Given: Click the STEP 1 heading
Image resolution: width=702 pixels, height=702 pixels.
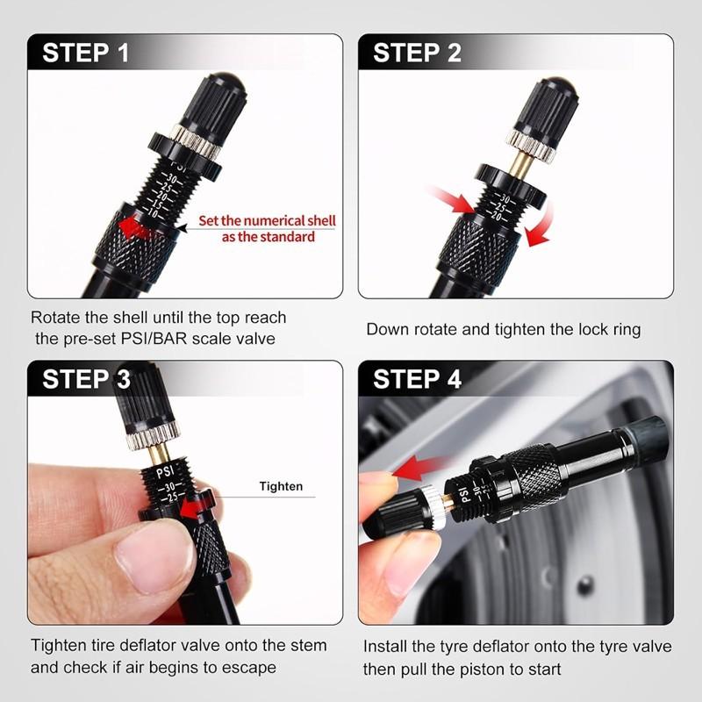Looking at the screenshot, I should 85,53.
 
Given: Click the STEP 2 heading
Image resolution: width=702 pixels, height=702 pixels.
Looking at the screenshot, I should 417,53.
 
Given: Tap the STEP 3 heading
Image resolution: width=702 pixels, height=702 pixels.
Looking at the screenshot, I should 86,379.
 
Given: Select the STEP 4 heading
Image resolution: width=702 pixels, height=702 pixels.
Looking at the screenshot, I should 417,379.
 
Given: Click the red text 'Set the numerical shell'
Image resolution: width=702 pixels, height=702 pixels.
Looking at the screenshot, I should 267,221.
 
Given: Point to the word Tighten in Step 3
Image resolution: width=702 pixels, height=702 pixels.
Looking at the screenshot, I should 281,486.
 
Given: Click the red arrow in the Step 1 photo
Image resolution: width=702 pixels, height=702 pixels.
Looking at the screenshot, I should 135,228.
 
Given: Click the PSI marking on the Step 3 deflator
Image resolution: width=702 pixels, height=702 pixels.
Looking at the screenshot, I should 165,472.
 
